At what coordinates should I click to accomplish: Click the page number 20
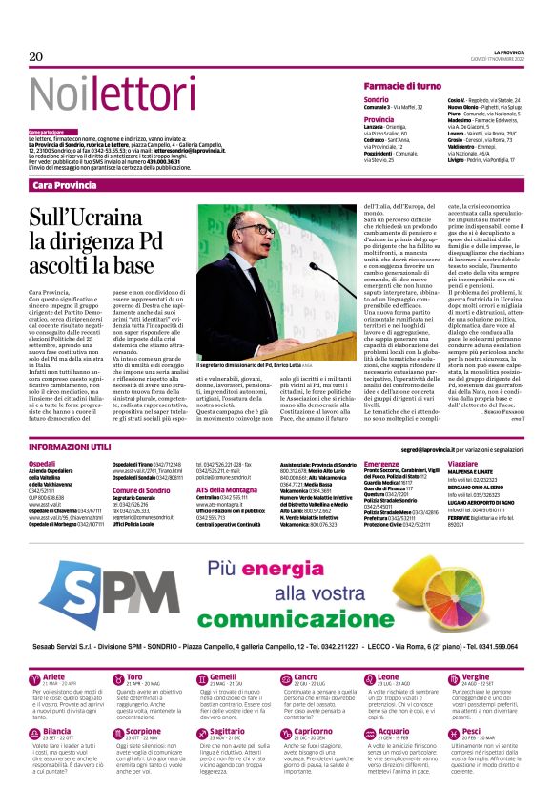36,57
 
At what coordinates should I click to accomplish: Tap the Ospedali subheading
42,463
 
